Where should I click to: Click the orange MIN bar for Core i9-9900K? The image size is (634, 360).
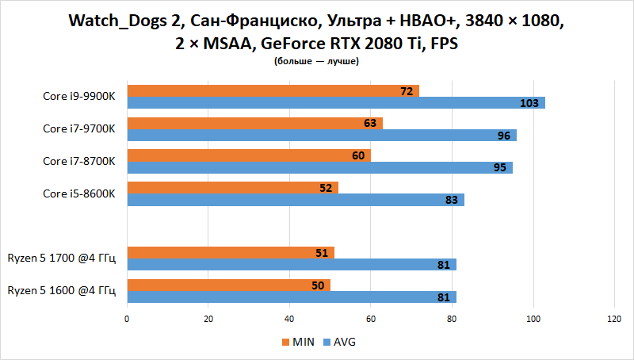point(269,91)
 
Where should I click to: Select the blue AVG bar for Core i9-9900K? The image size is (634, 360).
point(333,103)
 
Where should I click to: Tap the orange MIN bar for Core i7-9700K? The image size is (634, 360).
point(254,124)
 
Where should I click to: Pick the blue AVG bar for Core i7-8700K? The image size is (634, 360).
point(317,167)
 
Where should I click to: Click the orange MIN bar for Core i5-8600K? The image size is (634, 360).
point(230,188)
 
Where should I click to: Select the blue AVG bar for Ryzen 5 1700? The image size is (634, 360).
point(289,265)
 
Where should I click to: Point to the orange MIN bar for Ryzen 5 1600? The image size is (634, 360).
point(226,285)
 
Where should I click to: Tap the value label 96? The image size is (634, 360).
point(503,136)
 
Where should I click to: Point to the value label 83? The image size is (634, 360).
point(452,200)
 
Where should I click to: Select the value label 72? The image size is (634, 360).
point(407,91)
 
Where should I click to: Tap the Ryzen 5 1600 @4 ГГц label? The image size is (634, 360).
point(62,290)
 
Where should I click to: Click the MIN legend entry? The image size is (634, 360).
point(298,342)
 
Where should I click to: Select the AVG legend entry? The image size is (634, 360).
point(339,342)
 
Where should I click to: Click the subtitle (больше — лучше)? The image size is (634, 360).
point(316,61)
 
